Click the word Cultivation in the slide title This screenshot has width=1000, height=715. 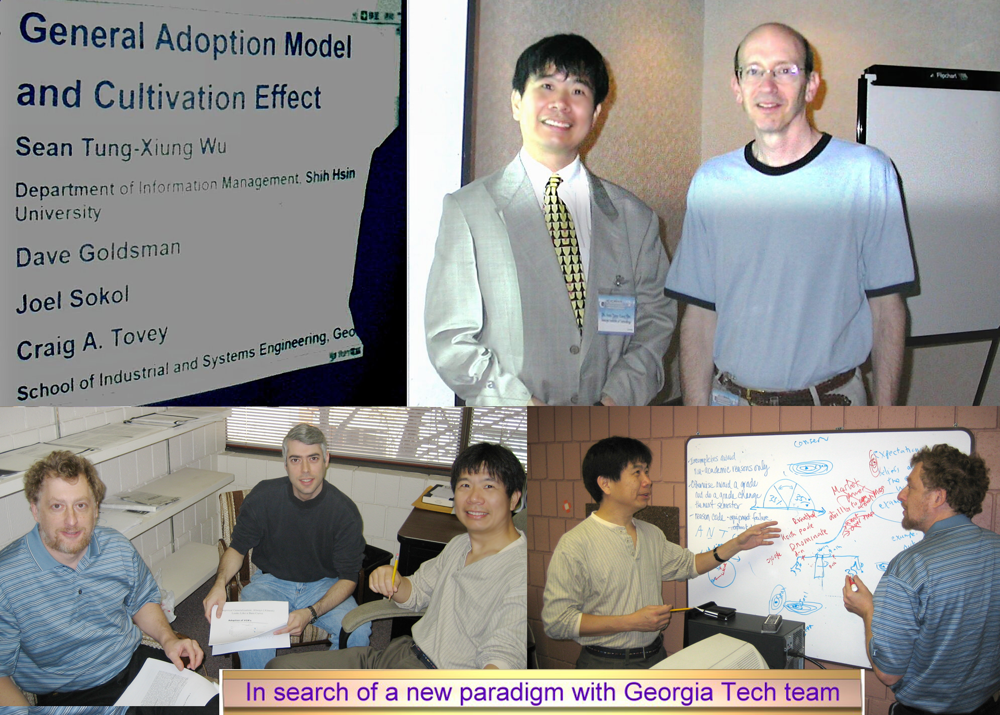pyautogui.click(x=169, y=96)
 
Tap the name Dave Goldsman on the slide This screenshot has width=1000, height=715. pyautogui.click(x=98, y=254)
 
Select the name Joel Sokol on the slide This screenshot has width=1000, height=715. pyautogui.click(x=72, y=299)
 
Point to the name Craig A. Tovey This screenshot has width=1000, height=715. pyautogui.click(x=92, y=342)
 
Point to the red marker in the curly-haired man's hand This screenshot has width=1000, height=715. pyautogui.click(x=853, y=584)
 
